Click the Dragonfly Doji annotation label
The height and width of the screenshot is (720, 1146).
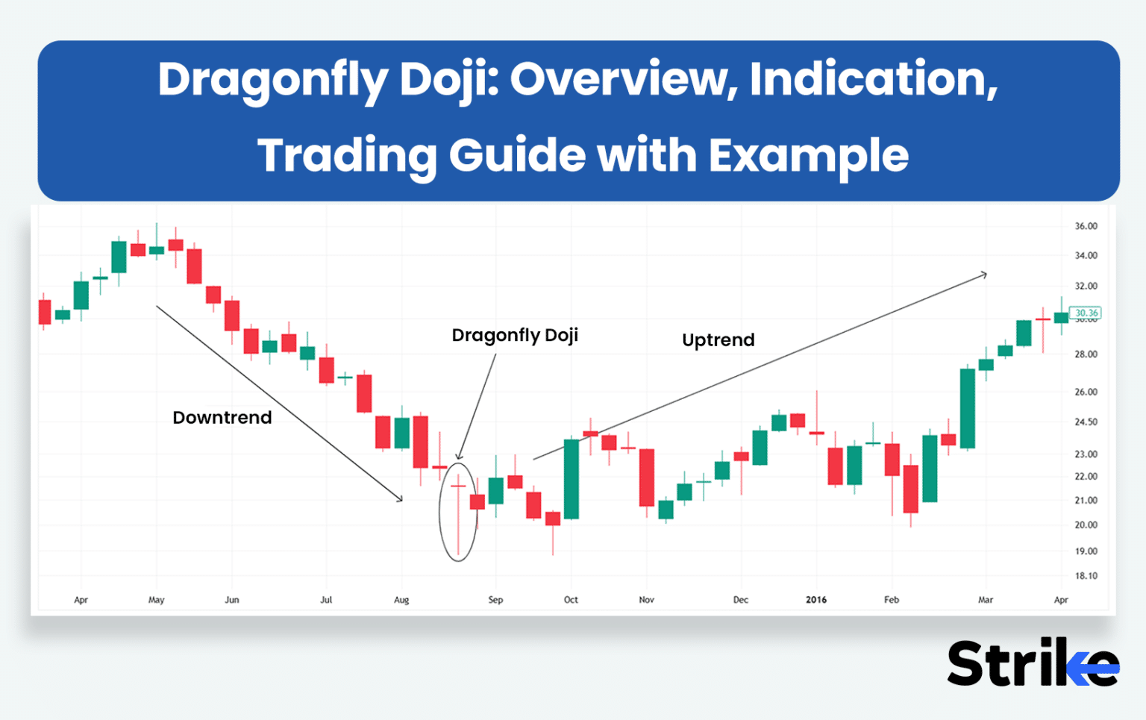(515, 335)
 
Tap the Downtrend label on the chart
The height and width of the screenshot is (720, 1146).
(222, 417)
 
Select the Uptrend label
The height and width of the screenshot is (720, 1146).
(718, 339)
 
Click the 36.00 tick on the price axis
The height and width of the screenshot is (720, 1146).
(1086, 226)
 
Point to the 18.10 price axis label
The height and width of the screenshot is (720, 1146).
(1086, 576)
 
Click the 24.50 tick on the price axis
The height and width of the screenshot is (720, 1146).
(1086, 422)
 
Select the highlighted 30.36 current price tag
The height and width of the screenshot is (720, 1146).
(1086, 313)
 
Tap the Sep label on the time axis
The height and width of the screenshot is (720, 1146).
(495, 600)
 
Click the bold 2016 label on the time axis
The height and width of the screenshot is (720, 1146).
(815, 600)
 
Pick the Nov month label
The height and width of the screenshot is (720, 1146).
(646, 600)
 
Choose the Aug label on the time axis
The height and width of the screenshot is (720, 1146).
(401, 600)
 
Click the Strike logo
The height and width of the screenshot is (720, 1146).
(1033, 663)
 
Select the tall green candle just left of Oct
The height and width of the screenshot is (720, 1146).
(572, 478)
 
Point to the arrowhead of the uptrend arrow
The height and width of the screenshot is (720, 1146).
(985, 275)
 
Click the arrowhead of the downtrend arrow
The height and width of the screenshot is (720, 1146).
(401, 499)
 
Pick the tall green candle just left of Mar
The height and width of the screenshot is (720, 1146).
(967, 408)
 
